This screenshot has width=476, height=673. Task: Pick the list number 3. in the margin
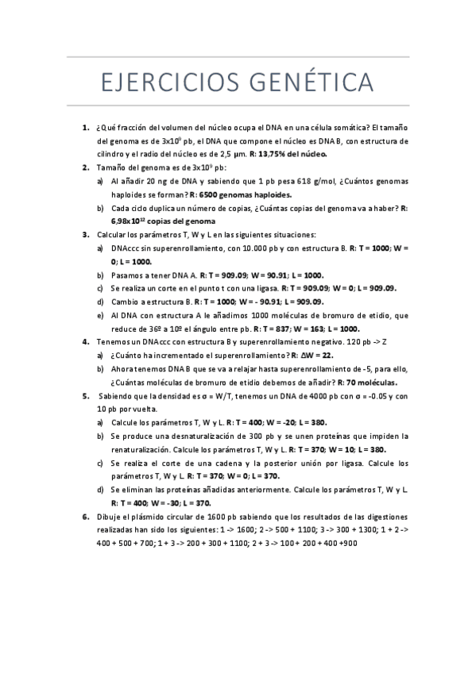click(x=85, y=235)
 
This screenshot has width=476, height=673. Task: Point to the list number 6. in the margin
click(x=85, y=517)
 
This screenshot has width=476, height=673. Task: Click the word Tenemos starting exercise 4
click(x=114, y=342)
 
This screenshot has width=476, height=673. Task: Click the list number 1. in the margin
click(x=85, y=127)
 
